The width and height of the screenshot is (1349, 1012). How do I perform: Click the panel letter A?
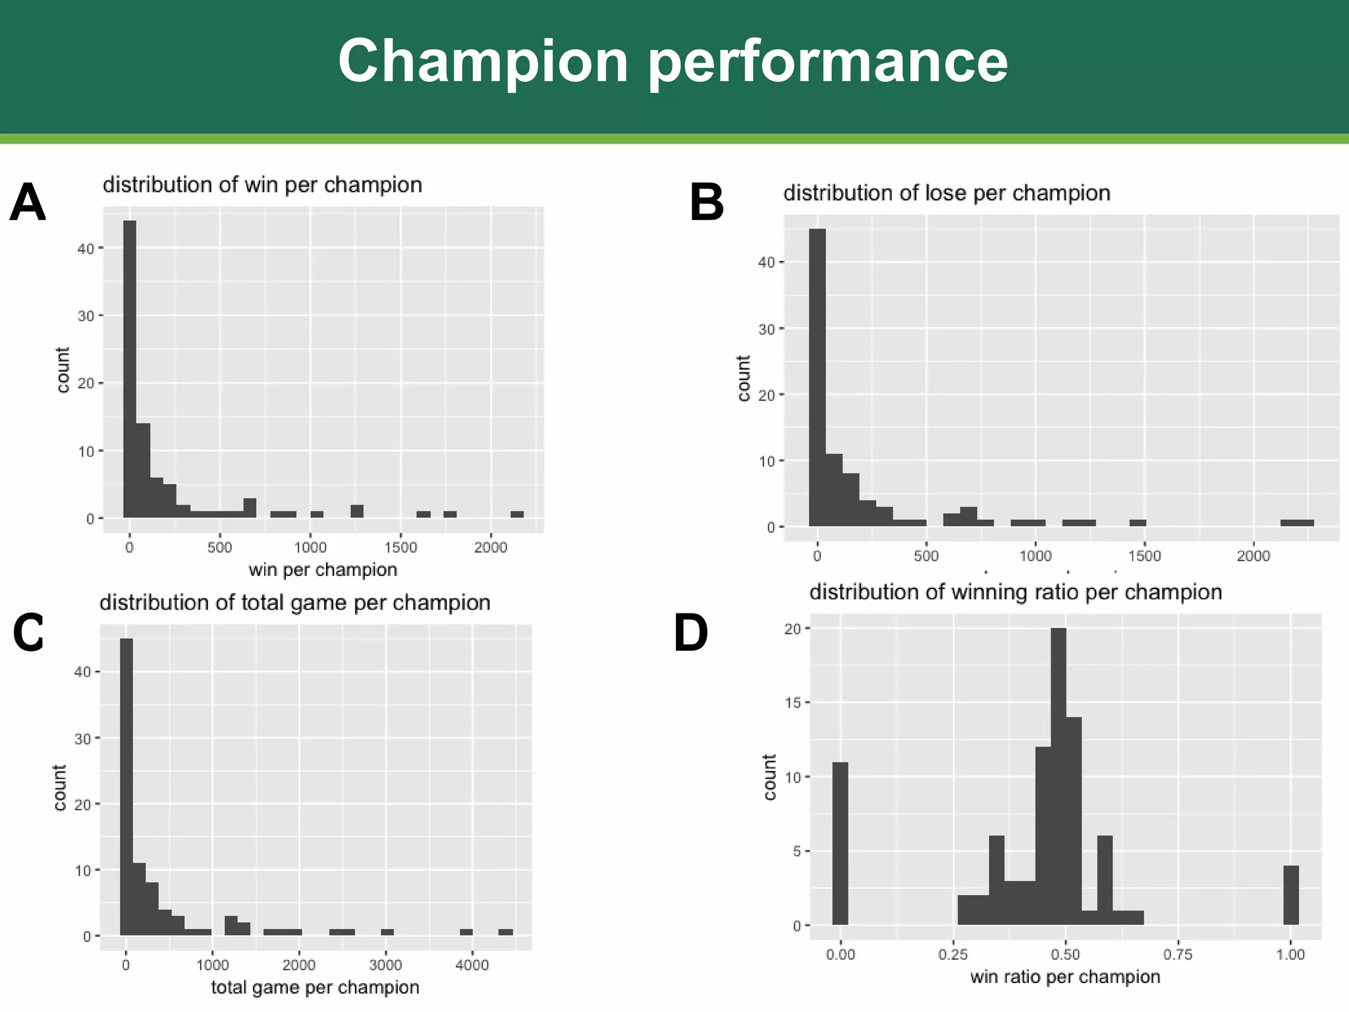(28, 203)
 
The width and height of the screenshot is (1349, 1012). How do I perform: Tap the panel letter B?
(706, 203)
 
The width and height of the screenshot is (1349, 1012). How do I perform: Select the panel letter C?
(28, 632)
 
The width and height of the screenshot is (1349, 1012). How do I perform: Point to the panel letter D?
(690, 634)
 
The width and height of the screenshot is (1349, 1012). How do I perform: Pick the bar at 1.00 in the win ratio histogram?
(1291, 895)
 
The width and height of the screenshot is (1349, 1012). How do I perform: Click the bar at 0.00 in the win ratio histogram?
(840, 843)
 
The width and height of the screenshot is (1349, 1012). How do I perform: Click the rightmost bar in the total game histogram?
(505, 932)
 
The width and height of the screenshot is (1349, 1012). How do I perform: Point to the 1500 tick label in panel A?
(400, 548)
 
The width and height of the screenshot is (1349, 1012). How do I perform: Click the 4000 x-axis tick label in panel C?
(472, 965)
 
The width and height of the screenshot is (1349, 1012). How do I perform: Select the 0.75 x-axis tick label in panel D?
(1178, 955)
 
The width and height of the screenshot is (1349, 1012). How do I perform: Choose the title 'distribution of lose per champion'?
(946, 193)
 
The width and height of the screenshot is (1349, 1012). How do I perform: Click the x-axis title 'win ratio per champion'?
(1064, 976)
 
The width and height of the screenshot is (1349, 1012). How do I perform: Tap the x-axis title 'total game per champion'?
(315, 987)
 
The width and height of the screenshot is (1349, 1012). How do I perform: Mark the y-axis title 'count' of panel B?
(744, 378)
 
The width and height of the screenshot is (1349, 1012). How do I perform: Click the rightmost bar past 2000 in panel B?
(1296, 522)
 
